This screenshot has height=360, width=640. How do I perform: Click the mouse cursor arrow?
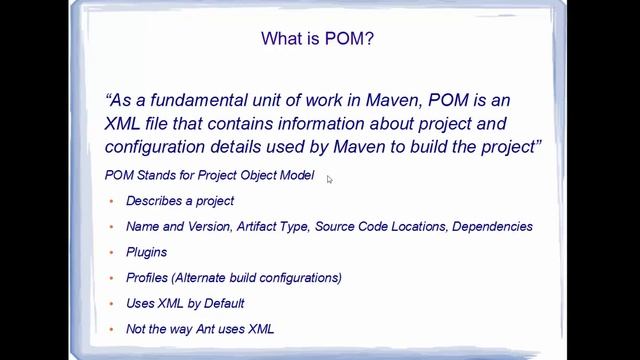click(329, 179)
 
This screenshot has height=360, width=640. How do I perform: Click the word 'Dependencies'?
click(492, 227)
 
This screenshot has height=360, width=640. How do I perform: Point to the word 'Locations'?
click(420, 227)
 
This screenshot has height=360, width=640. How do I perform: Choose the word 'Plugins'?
click(146, 253)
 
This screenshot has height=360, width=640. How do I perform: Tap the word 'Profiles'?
click(147, 278)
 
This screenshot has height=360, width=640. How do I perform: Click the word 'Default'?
click(223, 304)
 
